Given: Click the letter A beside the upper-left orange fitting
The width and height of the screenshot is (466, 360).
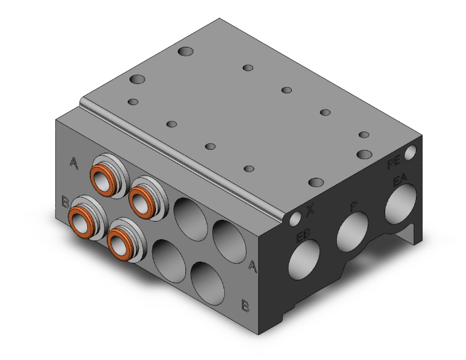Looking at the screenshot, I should [75, 164].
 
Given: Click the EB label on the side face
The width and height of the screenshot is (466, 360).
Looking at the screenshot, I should [303, 237].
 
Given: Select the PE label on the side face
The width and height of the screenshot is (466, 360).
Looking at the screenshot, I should [393, 165].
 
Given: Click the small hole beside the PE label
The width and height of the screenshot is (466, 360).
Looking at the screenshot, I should [411, 152].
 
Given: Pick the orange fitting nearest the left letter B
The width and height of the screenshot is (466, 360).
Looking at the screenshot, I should [81, 217].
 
